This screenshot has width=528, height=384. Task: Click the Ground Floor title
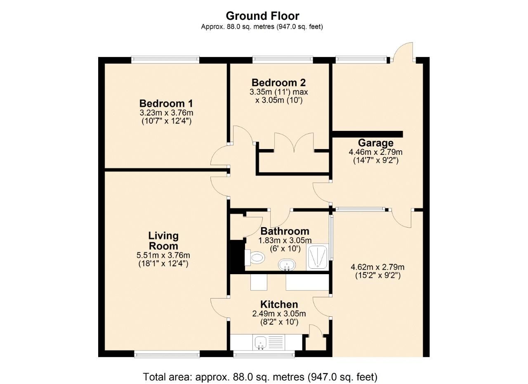coord(262,16)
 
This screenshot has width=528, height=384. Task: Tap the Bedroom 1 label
coord(166,103)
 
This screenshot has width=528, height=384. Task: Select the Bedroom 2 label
coord(279,83)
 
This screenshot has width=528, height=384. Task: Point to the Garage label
coord(375,143)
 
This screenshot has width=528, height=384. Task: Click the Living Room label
coord(163,241)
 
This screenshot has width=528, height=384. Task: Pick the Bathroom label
coord(285,231)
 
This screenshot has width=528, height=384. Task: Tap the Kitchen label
coord(279,305)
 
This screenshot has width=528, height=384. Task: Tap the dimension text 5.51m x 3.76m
coord(163,255)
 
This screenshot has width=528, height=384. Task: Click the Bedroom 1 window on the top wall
coord(165,60)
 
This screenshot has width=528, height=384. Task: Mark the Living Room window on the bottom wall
coord(167,354)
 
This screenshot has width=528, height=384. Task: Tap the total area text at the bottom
coord(260,377)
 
